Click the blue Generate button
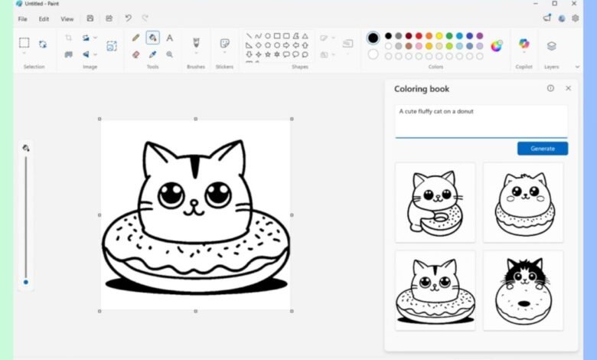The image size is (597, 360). point(542,149)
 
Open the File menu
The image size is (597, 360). point(22,18)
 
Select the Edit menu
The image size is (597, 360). point(44,18)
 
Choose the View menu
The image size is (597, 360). point(67,18)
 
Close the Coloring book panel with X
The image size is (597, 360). point(568,89)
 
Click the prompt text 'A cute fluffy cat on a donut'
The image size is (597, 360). point(436,112)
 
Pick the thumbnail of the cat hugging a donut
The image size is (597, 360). point(435,202)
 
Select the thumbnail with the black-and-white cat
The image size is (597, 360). point(523,290)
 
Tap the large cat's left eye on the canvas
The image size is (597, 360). point(171,195)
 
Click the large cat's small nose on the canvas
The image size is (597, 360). point(194,205)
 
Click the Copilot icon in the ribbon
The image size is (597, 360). point(524,44)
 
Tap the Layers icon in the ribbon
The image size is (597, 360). point(551,46)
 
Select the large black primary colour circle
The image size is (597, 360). point(373,38)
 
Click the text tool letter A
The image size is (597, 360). point(169,38)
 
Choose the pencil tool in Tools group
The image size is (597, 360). point(135,38)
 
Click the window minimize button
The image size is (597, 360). point(533,4)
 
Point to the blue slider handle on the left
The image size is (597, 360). point(25,282)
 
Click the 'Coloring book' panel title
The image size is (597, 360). point(422,89)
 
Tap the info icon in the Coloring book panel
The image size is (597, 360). point(550,89)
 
